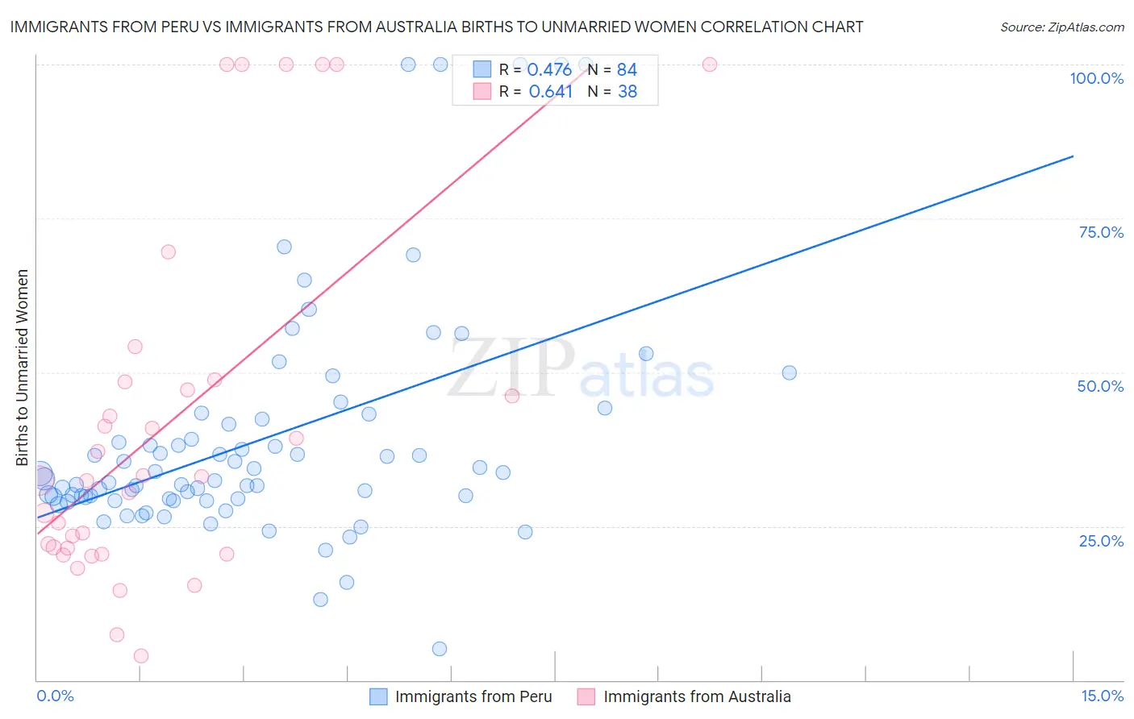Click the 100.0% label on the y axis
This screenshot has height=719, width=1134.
coord(1096,78)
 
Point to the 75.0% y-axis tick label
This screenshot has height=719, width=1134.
coord(1101,232)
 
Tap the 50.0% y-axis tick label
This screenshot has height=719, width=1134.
coord(1100,386)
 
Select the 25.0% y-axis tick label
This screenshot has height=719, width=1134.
coord(1101,541)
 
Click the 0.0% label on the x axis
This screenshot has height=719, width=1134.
coord(55,696)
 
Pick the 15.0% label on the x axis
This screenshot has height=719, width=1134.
coord(1102,696)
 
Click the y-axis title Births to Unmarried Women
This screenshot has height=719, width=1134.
coord(22,368)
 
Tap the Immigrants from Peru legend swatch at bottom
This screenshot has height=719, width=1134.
coord(378,696)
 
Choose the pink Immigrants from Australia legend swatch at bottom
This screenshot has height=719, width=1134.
coord(586,696)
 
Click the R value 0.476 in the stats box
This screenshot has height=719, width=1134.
coord(549,69)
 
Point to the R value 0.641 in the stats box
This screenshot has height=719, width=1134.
coord(550,91)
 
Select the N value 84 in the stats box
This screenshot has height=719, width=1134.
coord(627,69)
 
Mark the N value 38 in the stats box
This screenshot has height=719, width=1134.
coord(627,91)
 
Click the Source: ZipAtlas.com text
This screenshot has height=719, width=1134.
coord(1061,27)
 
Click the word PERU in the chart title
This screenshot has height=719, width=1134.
coord(203,27)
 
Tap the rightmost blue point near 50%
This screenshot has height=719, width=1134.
coord(790,372)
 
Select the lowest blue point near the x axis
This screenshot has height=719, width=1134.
coord(440,649)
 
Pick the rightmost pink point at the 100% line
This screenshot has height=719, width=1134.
coord(710,64)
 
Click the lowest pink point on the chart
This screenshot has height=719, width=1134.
coord(141,656)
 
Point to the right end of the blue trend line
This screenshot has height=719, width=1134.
coord(1073,156)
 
